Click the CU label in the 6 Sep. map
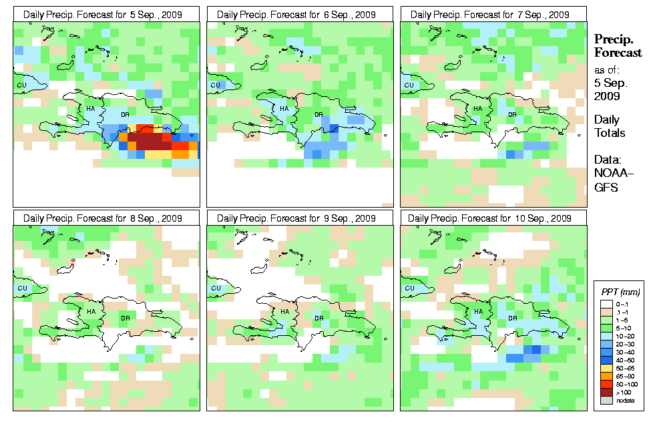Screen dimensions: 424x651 pos(215,85)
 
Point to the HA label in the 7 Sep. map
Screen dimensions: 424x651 pos(477,108)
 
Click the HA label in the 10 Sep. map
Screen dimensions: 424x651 pos(477,311)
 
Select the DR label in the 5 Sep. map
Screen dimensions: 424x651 pos(125,114)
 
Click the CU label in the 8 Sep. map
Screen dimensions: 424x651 pos(21,288)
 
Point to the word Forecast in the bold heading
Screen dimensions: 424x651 pos(618,53)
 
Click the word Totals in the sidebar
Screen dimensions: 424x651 pos(610,133)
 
